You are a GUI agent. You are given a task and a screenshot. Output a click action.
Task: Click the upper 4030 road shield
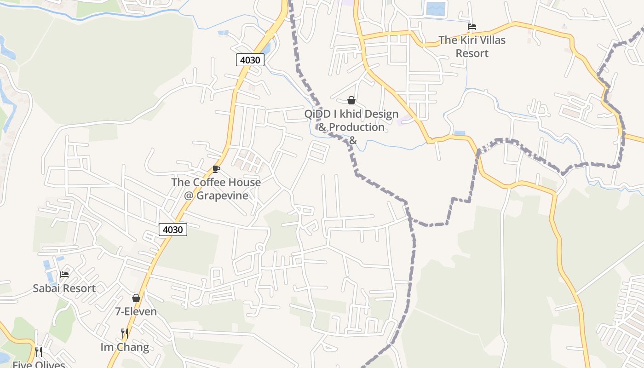click(250, 60)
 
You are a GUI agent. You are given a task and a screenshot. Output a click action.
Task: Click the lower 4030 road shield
click(173, 229)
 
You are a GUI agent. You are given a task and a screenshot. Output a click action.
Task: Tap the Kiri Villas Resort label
click(472, 46)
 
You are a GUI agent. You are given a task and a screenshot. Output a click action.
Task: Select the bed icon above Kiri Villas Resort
click(472, 27)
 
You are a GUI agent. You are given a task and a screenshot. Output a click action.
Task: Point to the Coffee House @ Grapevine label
click(216, 189)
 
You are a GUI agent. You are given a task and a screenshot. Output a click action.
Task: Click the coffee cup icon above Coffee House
click(216, 169)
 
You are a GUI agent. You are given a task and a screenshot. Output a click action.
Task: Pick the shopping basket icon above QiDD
click(351, 100)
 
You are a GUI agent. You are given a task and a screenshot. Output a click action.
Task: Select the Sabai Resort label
click(64, 288)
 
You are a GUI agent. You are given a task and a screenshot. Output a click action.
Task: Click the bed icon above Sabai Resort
click(64, 275)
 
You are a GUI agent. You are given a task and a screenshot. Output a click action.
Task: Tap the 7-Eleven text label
click(136, 311)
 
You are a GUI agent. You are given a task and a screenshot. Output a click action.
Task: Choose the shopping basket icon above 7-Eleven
click(136, 298)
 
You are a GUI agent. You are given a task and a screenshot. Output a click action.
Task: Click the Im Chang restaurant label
click(125, 347)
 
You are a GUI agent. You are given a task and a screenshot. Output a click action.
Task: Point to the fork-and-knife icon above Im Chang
click(125, 333)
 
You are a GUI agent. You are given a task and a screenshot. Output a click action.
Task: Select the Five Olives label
click(39, 365)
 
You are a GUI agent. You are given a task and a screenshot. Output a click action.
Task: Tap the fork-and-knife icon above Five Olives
click(39, 352)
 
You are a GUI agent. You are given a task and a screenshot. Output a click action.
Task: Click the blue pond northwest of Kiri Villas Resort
click(436, 9)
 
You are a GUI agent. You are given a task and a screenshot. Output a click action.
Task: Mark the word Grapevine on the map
click(222, 195)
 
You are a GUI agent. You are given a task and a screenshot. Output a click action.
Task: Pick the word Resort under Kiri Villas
click(472, 53)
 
